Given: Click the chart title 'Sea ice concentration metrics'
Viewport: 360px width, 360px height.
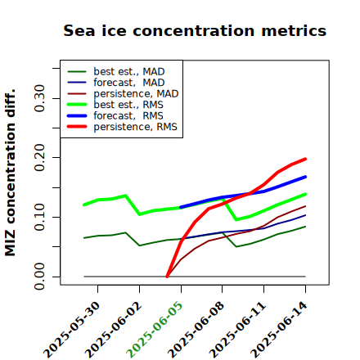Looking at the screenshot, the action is pos(195,31).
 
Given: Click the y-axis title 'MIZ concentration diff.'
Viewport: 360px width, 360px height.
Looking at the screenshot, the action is pos(10,173).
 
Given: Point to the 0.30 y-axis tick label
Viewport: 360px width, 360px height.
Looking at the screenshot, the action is pos(39,98).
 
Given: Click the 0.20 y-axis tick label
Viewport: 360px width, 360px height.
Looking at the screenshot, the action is pos(39,158).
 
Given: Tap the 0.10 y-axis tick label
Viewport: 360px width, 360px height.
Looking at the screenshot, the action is pos(39,217).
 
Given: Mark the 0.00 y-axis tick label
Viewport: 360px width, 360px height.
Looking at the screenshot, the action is pos(39,277).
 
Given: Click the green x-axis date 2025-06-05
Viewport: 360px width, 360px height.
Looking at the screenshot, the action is pos(154,330).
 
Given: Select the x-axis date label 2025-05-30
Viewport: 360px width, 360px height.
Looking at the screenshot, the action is pos(71,330).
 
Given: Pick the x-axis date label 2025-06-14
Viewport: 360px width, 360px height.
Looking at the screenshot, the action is pos(278,330).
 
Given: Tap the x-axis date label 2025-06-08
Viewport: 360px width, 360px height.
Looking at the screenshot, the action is pos(196,330).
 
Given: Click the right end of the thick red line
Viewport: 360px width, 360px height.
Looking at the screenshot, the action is pos(305,159).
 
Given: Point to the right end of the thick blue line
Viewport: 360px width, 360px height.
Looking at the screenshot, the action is pos(305,177).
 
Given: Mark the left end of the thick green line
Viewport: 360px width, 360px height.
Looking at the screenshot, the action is pos(83,205).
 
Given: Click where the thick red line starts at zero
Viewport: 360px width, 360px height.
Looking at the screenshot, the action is pos(167,277).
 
